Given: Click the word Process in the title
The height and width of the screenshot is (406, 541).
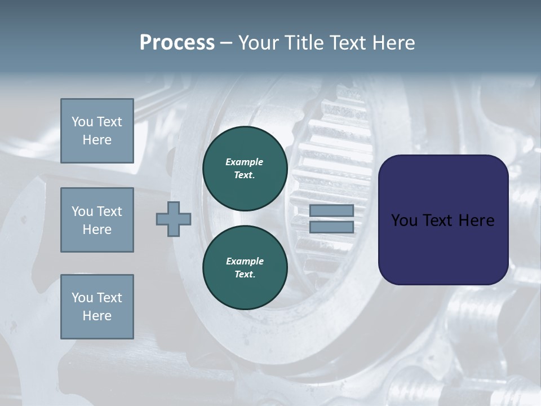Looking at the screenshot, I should pyautogui.click(x=177, y=43).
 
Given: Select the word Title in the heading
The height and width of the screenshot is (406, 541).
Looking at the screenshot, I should pyautogui.click(x=305, y=43).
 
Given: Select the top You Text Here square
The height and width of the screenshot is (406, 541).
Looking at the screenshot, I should pyautogui.click(x=97, y=131).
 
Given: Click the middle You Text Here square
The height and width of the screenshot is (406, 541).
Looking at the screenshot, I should pyautogui.click(x=97, y=220).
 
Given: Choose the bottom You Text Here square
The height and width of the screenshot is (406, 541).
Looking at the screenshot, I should pyautogui.click(x=97, y=306).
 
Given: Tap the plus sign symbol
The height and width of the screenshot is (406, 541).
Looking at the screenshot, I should pyautogui.click(x=174, y=219).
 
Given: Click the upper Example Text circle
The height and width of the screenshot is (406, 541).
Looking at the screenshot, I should pyautogui.click(x=245, y=169).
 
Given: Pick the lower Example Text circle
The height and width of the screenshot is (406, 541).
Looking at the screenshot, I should pyautogui.click(x=245, y=267).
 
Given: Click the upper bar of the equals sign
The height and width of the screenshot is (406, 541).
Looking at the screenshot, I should pyautogui.click(x=331, y=210).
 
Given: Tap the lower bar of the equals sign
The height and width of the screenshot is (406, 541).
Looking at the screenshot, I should pyautogui.click(x=331, y=227).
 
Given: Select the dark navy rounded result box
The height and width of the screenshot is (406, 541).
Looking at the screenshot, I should pyautogui.click(x=443, y=220).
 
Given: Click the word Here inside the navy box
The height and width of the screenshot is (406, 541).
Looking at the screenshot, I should pyautogui.click(x=476, y=220).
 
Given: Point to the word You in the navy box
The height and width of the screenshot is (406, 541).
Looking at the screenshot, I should pyautogui.click(x=404, y=220).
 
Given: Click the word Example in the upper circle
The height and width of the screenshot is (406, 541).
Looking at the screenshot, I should pyautogui.click(x=245, y=162).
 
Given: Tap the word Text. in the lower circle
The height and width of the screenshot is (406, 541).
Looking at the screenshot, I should pyautogui.click(x=245, y=274).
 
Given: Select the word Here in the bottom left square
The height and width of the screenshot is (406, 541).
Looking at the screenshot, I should pyautogui.click(x=97, y=316).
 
